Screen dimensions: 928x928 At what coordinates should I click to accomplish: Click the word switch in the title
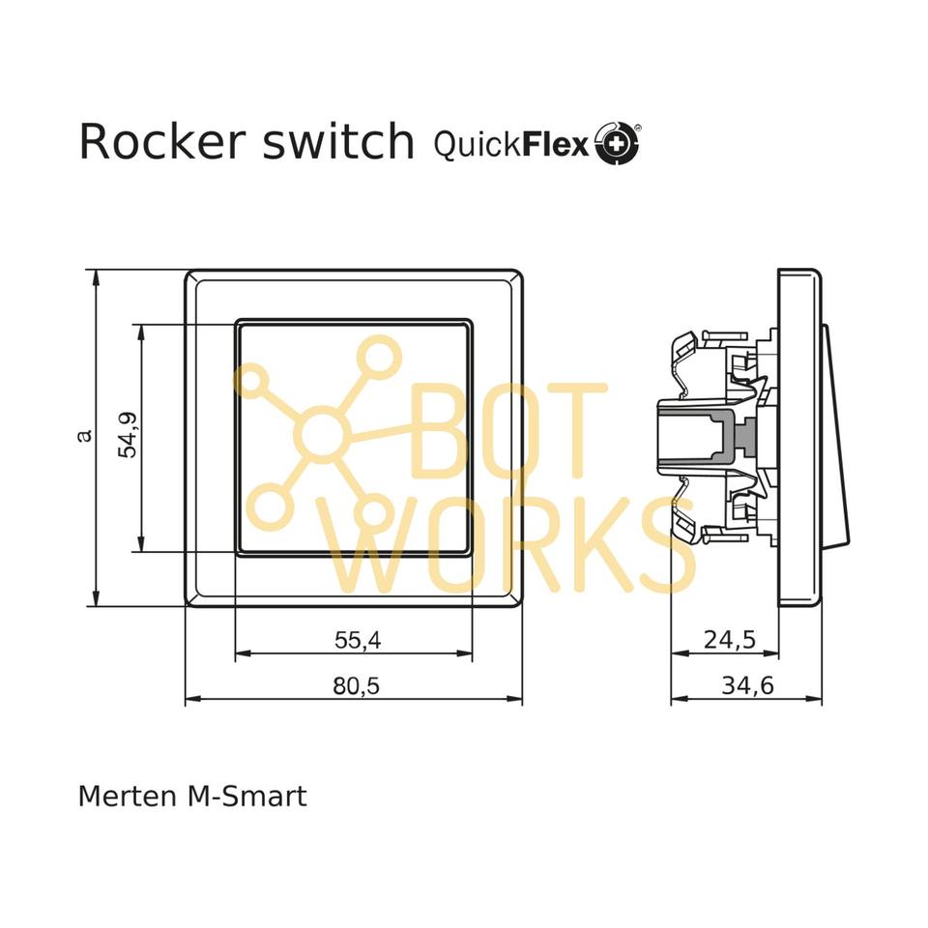[x=338, y=142]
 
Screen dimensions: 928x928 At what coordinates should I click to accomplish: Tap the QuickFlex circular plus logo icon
[x=617, y=144]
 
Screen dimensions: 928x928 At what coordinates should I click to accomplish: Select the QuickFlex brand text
[x=511, y=145]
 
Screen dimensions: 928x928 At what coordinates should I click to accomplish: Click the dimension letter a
[x=85, y=436]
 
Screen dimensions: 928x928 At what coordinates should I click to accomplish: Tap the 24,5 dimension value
[x=728, y=639]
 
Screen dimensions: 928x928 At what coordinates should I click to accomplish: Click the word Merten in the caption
[x=123, y=797]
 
